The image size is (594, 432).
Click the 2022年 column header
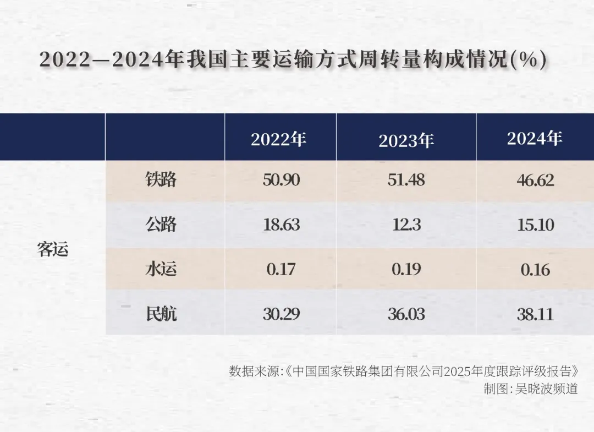[x=278, y=139]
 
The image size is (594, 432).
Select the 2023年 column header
[x=406, y=141]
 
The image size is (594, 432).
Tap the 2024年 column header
[x=535, y=139]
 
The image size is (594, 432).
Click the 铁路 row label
[x=161, y=180]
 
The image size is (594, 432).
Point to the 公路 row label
[x=161, y=225]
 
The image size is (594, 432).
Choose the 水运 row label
[x=161, y=270]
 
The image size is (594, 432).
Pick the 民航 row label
[x=161, y=314]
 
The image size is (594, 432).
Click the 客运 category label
[x=53, y=249]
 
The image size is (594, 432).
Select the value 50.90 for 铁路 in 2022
[x=281, y=180]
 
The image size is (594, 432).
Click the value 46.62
[x=535, y=180]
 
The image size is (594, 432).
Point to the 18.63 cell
[x=281, y=225]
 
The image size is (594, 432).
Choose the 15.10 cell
[x=535, y=225]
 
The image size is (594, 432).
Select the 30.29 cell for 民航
[x=281, y=314]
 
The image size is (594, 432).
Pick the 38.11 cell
[x=535, y=314]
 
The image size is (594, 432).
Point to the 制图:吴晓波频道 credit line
[x=531, y=388]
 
